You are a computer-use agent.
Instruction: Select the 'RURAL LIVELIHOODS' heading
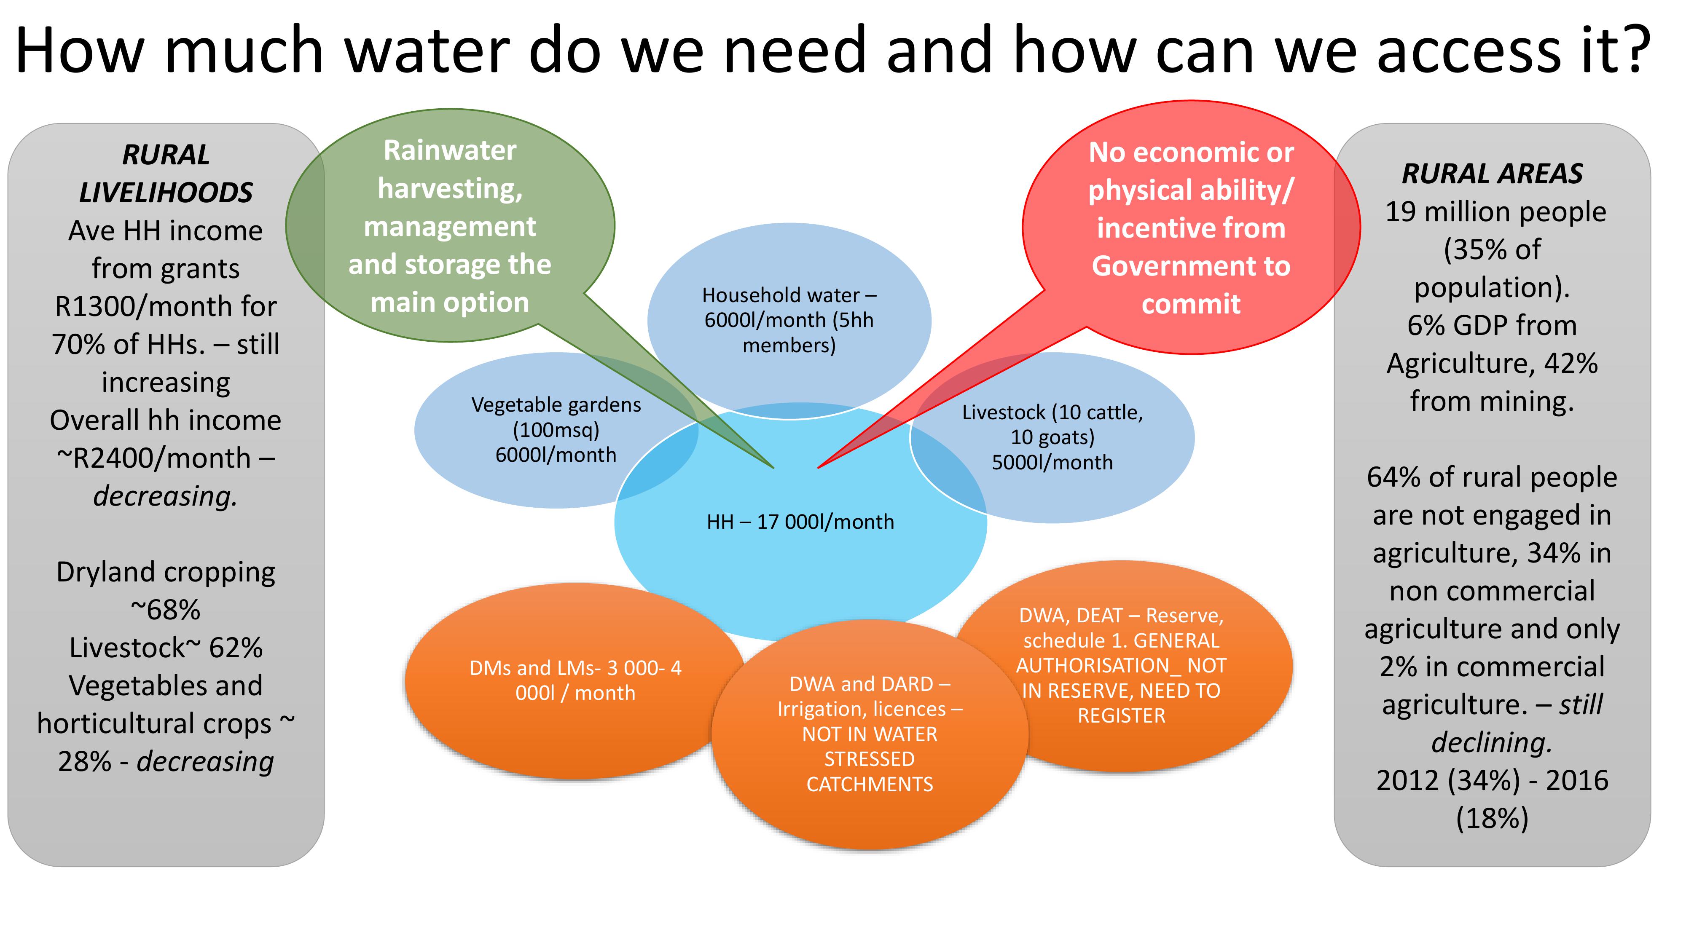(166, 173)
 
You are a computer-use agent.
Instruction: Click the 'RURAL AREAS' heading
(1492, 173)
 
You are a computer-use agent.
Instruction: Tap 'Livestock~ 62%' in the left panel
(166, 648)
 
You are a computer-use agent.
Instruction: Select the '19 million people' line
(1495, 212)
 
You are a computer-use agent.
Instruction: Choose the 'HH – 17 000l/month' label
(800, 522)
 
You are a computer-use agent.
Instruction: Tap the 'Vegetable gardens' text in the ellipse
(556, 405)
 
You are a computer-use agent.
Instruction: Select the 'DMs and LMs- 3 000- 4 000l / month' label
(575, 680)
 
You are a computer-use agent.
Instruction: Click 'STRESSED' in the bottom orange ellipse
(869, 759)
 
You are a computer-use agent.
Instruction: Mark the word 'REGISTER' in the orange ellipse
(1121, 716)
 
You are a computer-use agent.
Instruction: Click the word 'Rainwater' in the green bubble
(450, 150)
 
